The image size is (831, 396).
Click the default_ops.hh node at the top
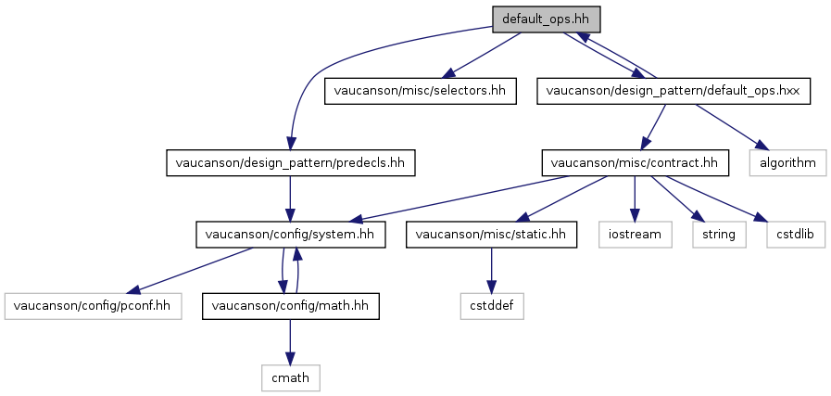(547, 19)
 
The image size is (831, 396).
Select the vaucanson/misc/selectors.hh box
(421, 91)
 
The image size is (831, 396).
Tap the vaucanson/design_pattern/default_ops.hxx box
(674, 91)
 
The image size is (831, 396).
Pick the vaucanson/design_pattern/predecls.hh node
(290, 163)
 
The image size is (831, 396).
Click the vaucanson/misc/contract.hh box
(635, 163)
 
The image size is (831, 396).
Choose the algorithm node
(788, 163)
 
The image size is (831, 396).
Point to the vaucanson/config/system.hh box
(290, 235)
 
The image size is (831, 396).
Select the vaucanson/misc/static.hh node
(491, 235)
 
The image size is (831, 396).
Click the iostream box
(635, 235)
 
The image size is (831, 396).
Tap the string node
(719, 235)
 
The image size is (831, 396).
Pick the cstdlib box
(796, 235)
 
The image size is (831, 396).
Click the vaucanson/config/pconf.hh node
(94, 306)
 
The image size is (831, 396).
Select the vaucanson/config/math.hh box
(290, 306)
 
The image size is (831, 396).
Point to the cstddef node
(491, 306)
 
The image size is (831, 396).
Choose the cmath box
(290, 378)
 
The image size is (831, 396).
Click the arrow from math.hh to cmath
(290, 342)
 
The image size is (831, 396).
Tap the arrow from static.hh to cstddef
(491, 271)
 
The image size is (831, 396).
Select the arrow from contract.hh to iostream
(635, 199)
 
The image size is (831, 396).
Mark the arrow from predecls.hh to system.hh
(290, 199)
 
